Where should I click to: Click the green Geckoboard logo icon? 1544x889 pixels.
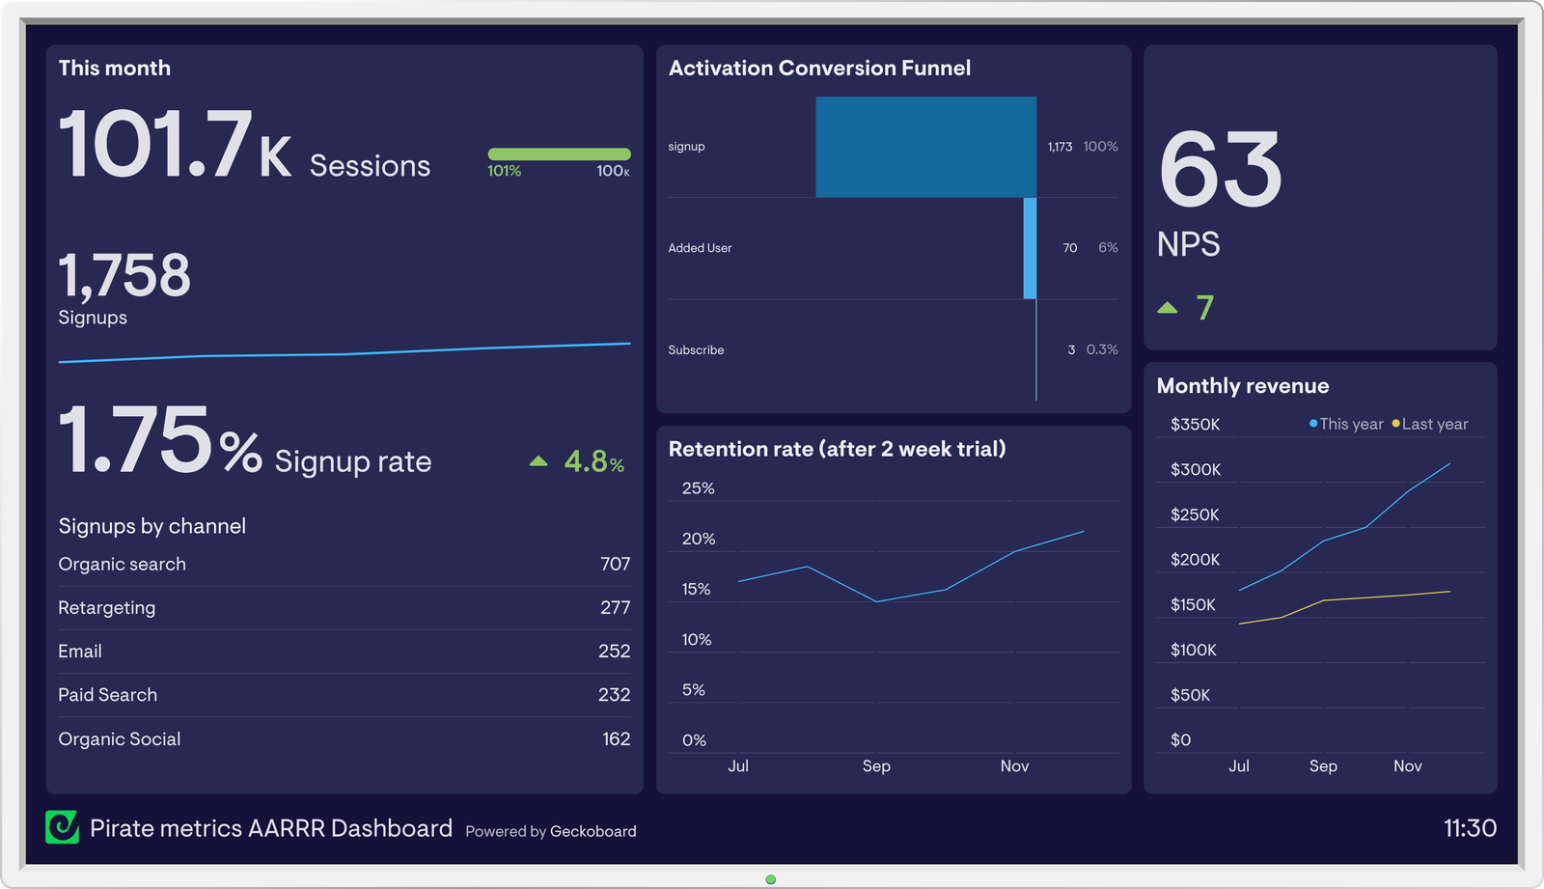click(x=63, y=827)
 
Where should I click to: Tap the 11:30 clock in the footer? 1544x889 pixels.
click(x=1469, y=828)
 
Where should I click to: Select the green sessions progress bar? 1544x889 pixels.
click(x=559, y=154)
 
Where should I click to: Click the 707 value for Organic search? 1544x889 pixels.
click(x=615, y=564)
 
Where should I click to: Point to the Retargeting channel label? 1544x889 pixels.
click(x=106, y=607)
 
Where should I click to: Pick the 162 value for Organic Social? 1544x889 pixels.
click(x=616, y=738)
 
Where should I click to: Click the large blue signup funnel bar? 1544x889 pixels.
click(x=925, y=147)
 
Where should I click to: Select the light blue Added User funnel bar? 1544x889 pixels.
click(x=1030, y=248)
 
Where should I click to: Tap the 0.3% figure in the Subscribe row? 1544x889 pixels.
click(x=1101, y=349)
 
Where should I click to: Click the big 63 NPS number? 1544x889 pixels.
click(x=1220, y=171)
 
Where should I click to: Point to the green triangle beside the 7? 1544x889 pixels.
click(x=1168, y=308)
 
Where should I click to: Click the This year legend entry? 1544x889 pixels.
click(x=1347, y=424)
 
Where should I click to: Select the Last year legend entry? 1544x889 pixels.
click(x=1431, y=424)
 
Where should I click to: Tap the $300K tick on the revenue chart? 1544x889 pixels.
click(x=1195, y=469)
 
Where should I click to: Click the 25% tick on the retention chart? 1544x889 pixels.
click(x=698, y=488)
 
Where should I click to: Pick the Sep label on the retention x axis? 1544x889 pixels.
click(x=875, y=765)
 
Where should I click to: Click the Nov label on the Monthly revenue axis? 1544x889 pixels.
click(x=1407, y=765)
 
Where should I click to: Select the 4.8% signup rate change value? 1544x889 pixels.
click(x=593, y=461)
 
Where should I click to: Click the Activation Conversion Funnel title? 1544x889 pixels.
click(x=819, y=68)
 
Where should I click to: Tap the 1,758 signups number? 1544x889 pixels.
click(x=124, y=276)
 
